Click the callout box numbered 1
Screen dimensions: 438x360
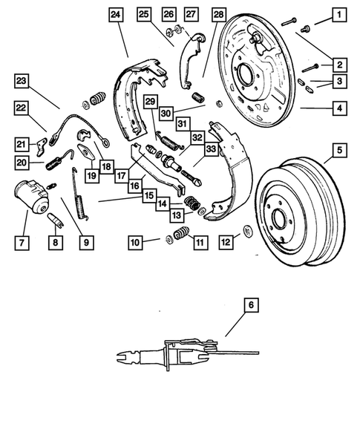pyautogui.click(x=338, y=14)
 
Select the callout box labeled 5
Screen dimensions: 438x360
pyautogui.click(x=338, y=151)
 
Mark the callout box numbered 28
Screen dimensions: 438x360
pyautogui.click(x=218, y=14)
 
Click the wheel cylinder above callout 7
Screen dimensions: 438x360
pyautogui.click(x=32, y=197)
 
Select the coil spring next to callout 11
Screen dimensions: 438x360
pyautogui.click(x=180, y=236)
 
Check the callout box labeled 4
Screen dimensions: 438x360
pyautogui.click(x=338, y=108)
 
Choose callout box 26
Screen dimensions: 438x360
pyautogui.click(x=168, y=14)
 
